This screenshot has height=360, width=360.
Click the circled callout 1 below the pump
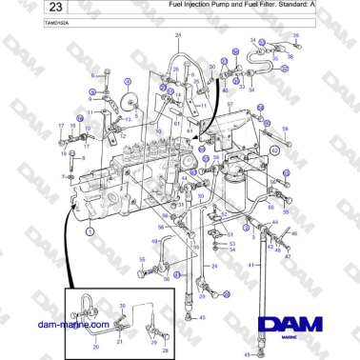tap(90, 230)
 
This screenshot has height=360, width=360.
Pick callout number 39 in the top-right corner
tap(296, 35)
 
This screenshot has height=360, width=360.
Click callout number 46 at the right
tap(294, 232)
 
